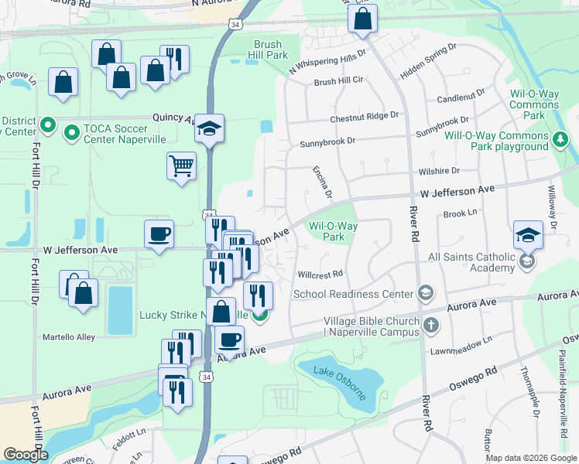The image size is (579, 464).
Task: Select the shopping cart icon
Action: tap(181, 165)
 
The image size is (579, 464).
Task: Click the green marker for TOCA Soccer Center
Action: tap(72, 133)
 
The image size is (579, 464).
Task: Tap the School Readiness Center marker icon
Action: tap(424, 293)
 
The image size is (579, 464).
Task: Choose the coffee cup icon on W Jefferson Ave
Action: tap(159, 234)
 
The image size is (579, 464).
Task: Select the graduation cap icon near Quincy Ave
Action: tap(209, 128)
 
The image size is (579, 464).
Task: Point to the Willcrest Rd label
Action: tap(320, 274)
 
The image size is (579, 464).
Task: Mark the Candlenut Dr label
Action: tap(461, 96)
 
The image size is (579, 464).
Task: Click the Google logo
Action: tap(26, 455)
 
